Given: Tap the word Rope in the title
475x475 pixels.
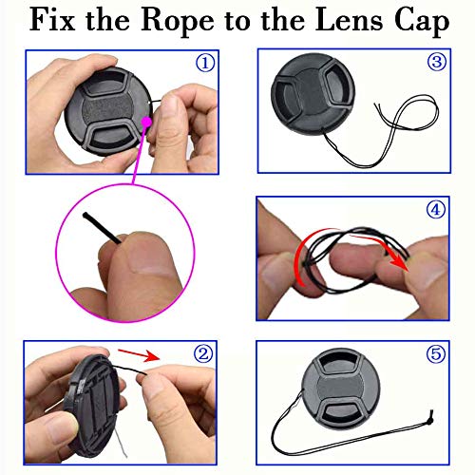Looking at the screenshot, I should coord(175,22).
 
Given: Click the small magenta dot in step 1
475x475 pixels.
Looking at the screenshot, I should coord(148,122).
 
